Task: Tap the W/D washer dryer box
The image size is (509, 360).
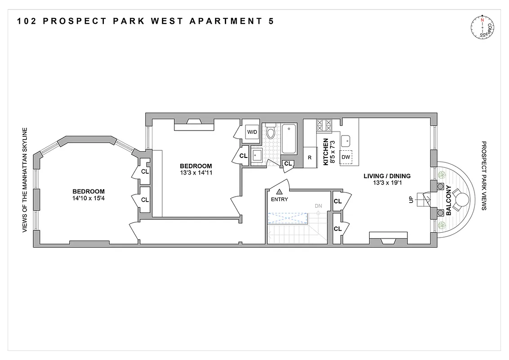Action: pos(252,132)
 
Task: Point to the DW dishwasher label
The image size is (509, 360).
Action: pos(345,157)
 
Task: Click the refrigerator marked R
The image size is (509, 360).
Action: pos(310,157)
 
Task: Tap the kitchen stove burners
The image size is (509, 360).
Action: pos(324,125)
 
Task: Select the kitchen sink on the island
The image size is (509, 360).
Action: pos(346,141)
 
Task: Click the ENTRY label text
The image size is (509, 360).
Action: pos(279,199)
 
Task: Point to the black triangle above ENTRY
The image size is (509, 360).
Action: pos(279,192)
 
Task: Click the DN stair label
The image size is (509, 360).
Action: pos(318,206)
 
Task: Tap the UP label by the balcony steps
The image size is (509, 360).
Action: pos(411,199)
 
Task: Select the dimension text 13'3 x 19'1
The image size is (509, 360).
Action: pos(387,183)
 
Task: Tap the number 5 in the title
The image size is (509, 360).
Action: pos(271,21)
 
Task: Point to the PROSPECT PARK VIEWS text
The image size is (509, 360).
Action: pos(484,176)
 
